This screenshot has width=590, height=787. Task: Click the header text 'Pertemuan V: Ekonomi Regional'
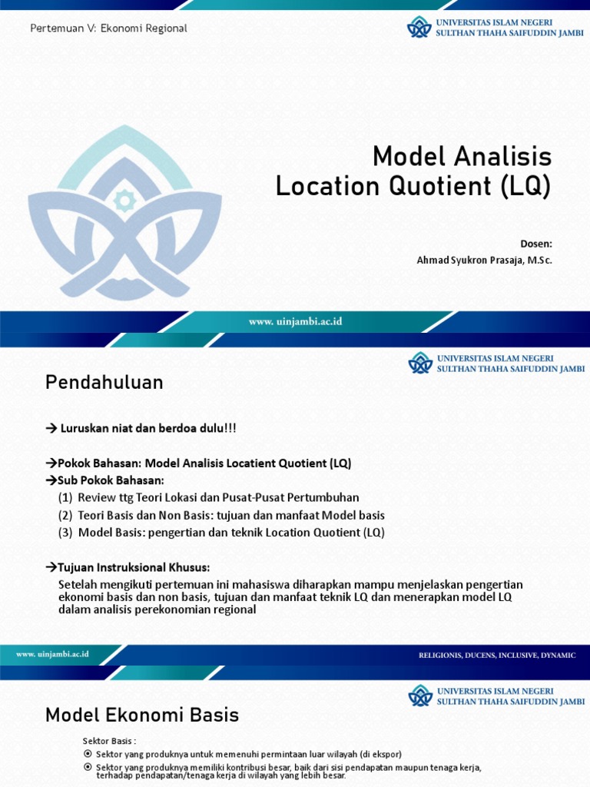click(108, 28)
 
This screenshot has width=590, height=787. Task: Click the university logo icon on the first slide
click(419, 28)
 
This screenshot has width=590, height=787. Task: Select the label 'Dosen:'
click(536, 244)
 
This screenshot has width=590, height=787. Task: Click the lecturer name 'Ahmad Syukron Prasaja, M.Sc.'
click(484, 260)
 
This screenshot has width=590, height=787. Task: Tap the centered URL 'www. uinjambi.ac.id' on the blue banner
click(295, 322)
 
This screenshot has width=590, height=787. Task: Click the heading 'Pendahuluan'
click(104, 382)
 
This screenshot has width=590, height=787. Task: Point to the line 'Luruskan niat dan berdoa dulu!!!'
click(147, 428)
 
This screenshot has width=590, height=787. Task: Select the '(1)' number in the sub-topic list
click(65, 498)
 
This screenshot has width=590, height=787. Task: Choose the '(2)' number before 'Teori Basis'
click(65, 515)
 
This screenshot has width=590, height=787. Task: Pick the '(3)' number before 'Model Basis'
click(65, 533)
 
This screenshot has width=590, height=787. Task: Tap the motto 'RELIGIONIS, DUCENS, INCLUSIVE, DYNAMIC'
click(497, 655)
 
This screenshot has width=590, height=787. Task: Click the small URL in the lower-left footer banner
click(53, 654)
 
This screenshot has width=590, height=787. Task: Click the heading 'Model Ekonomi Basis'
click(142, 716)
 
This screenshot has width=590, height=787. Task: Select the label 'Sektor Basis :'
click(109, 741)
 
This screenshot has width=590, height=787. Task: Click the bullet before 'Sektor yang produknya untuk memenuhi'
click(88, 754)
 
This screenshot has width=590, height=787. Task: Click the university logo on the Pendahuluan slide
click(419, 363)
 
